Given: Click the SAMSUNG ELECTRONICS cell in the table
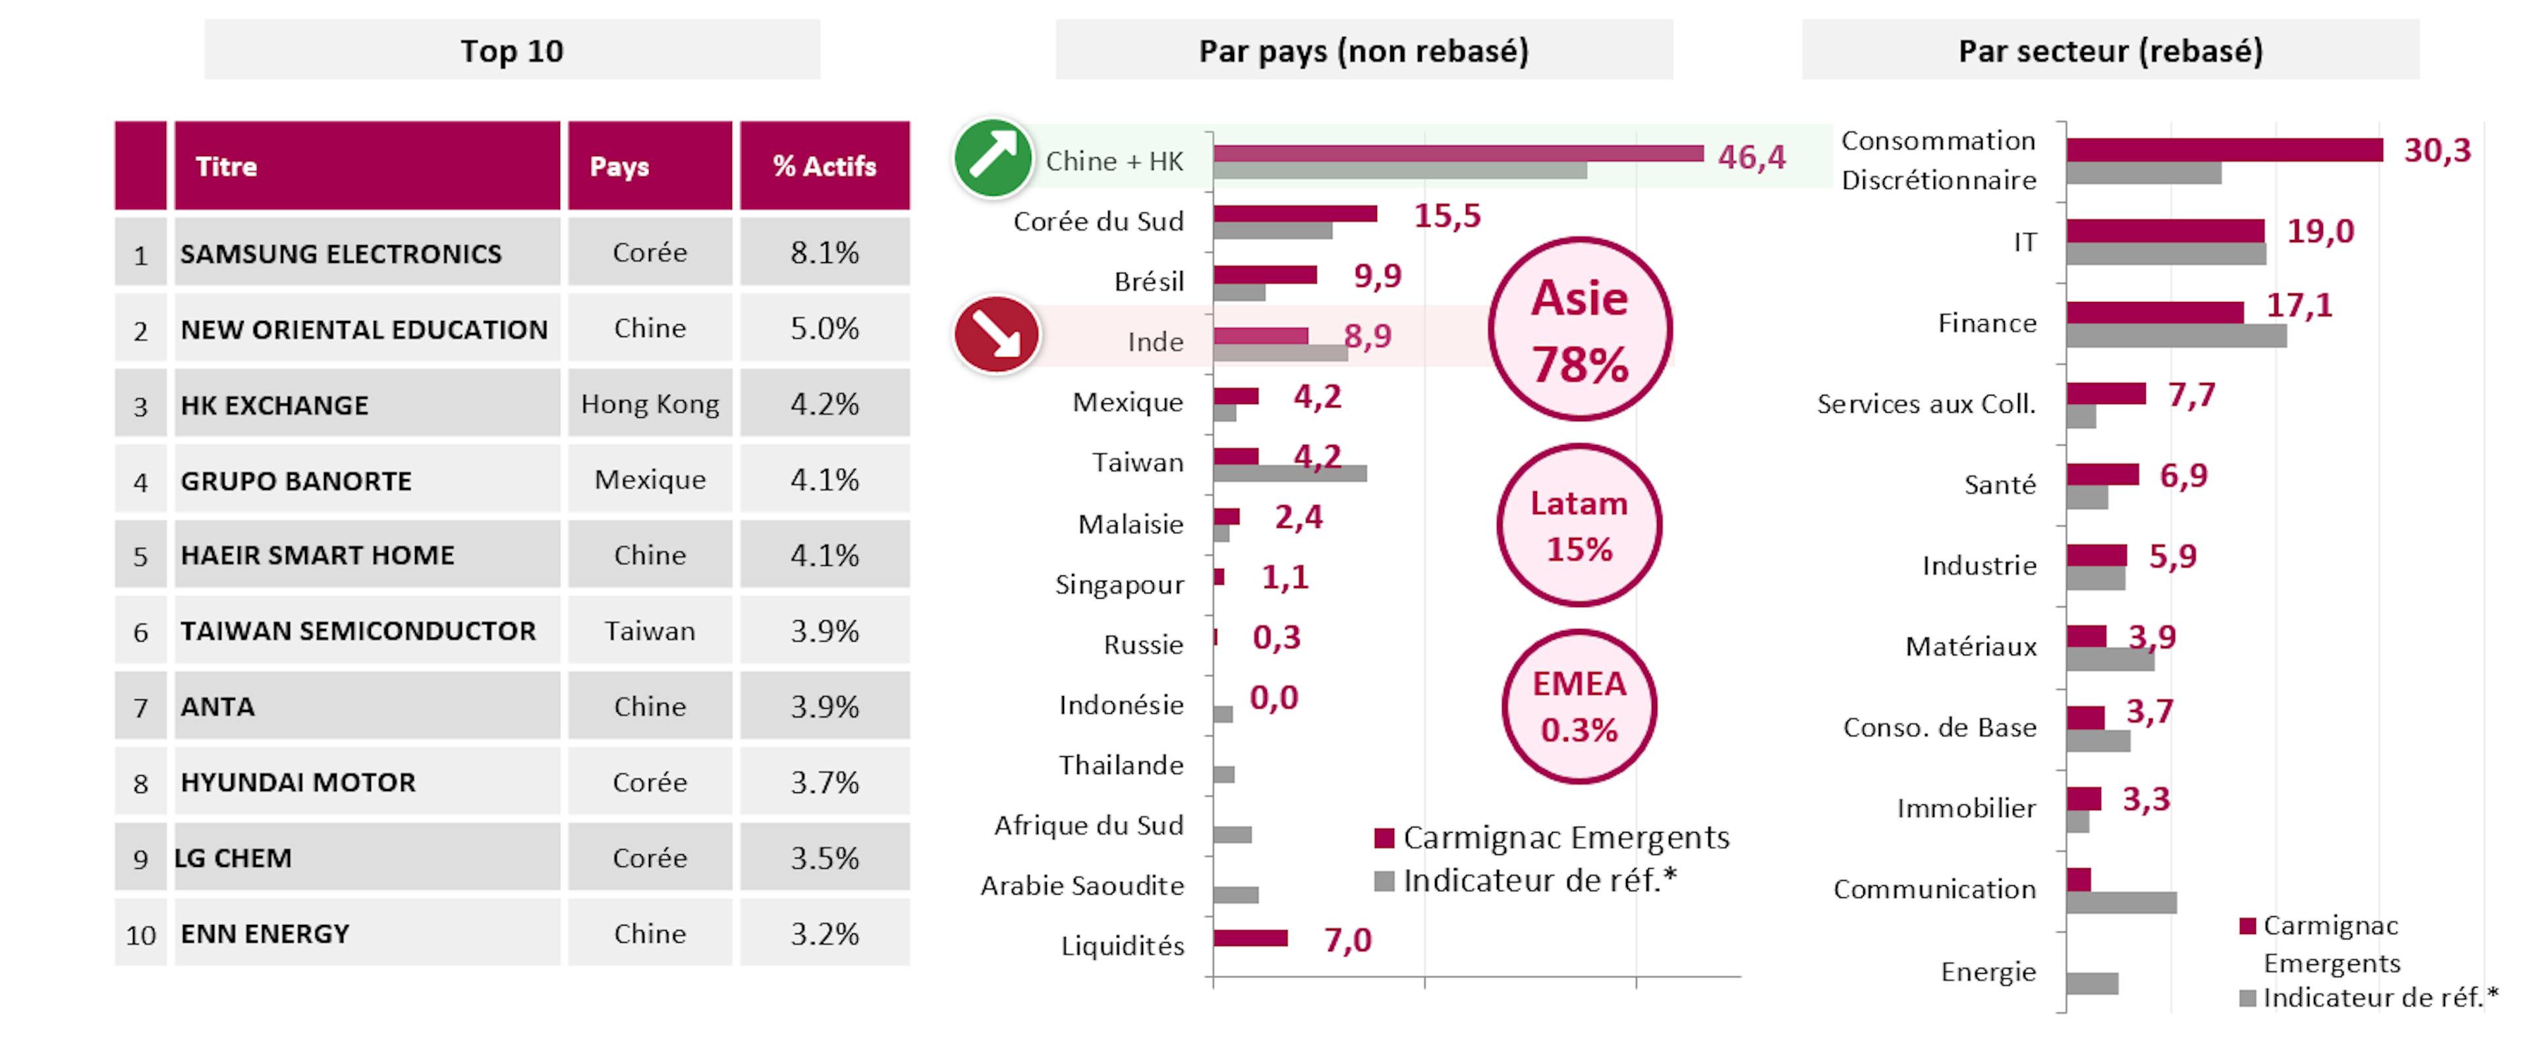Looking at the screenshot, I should pos(341,253).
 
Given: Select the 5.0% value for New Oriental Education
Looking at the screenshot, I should pos(824,328).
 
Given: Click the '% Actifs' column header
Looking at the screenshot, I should pos(824,166).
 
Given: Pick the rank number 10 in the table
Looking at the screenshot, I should pos(140,934).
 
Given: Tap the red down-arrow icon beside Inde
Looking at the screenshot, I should pos(996,335).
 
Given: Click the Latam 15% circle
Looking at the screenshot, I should pos(1579,525).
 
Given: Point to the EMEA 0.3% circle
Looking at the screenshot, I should pos(1579,707).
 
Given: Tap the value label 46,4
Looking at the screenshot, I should pos(1751,157).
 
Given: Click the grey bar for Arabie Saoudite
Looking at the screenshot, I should pos(1235,895).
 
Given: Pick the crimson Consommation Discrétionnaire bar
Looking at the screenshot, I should pos(2224,150).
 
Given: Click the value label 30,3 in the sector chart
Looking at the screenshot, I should pos(2436,150).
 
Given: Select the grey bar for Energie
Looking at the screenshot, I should pos(2092,984).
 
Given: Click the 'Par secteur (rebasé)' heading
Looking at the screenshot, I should pos(2110,50).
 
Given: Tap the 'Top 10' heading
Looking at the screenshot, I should pos(512,50).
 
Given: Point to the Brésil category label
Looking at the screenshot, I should pos(1148,282).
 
